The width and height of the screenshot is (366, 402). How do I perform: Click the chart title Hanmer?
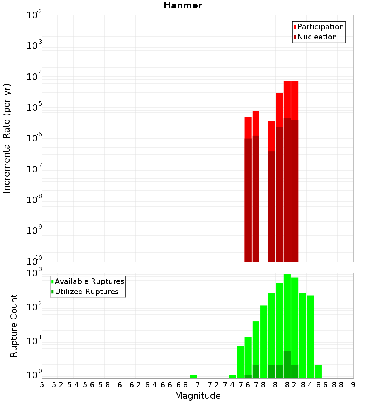(x=183, y=5)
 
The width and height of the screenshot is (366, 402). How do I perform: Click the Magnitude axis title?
(x=198, y=396)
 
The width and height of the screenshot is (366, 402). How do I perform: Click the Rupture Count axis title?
(x=14, y=326)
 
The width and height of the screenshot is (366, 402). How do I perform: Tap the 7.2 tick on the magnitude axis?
(x=213, y=384)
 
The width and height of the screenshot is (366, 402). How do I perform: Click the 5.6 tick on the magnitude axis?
(x=89, y=384)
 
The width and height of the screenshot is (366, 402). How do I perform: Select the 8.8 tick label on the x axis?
(x=337, y=384)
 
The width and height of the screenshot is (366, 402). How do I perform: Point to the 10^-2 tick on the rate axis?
(x=34, y=16)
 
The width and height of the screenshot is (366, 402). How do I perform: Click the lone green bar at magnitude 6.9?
(x=194, y=376)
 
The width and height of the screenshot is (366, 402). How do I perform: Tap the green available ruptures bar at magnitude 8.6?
(x=318, y=371)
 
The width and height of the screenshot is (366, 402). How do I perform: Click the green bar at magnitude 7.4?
(x=232, y=376)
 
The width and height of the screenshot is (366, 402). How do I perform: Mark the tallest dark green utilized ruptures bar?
(x=287, y=365)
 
